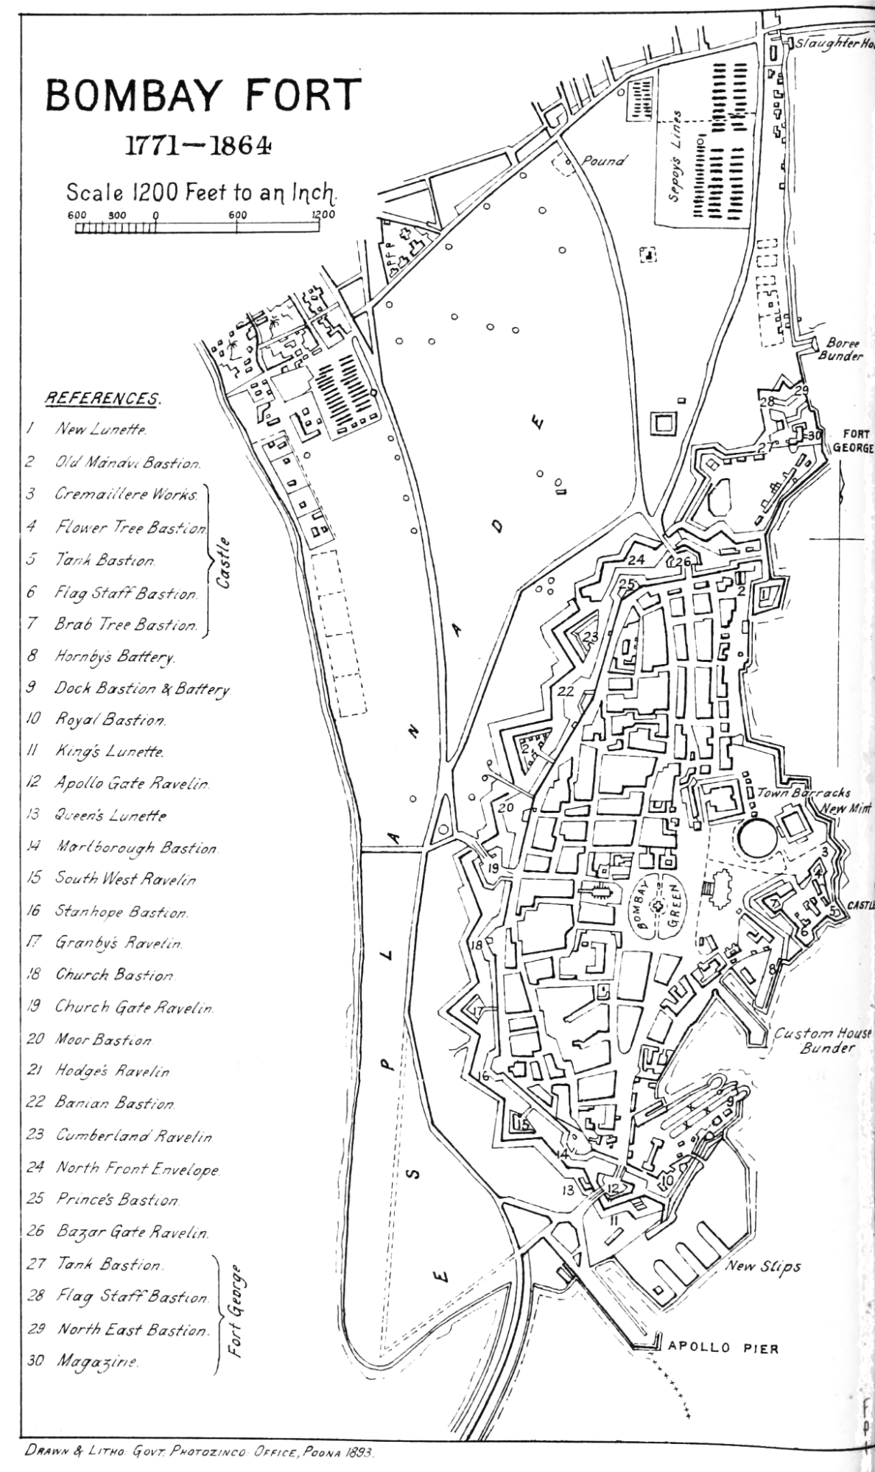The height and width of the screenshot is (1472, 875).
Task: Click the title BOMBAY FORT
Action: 204,96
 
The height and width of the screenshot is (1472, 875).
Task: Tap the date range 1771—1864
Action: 197,146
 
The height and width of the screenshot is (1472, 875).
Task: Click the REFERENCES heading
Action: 102,398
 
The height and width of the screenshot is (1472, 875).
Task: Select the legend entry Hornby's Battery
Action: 113,656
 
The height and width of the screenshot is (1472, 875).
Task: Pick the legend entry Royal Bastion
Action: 110,719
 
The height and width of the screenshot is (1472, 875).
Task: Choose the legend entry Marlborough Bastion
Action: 136,848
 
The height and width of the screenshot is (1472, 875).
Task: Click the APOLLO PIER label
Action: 723,1348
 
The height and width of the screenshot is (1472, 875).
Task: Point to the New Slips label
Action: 763,1267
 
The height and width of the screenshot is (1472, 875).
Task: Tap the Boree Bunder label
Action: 843,350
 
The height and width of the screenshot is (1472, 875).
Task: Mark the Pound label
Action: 603,161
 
